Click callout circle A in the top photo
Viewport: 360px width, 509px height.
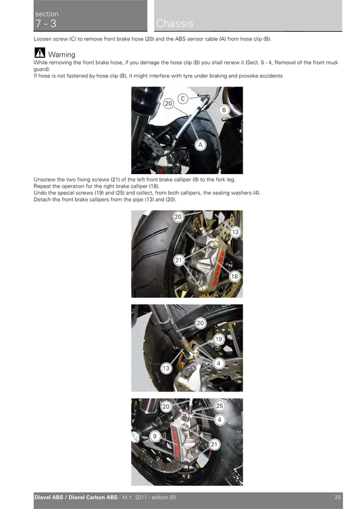[x=201, y=144]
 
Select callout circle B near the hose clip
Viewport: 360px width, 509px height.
[x=224, y=109]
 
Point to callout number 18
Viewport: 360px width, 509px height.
[x=234, y=277]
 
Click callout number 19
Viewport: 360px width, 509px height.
[x=218, y=339]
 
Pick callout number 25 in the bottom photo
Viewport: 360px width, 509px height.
[x=220, y=406]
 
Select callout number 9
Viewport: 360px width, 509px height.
[x=155, y=437]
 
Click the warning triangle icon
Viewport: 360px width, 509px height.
[x=39, y=53]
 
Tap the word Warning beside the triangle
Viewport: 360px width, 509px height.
[x=61, y=54]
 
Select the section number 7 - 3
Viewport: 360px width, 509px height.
[x=45, y=24]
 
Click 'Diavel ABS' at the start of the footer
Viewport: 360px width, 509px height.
[x=50, y=498]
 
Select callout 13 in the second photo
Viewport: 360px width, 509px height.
[x=235, y=232]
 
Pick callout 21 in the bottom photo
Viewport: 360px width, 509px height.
[x=214, y=444]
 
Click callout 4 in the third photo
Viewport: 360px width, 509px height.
[x=219, y=363]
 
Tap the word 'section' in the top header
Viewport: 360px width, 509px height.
[x=47, y=14]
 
